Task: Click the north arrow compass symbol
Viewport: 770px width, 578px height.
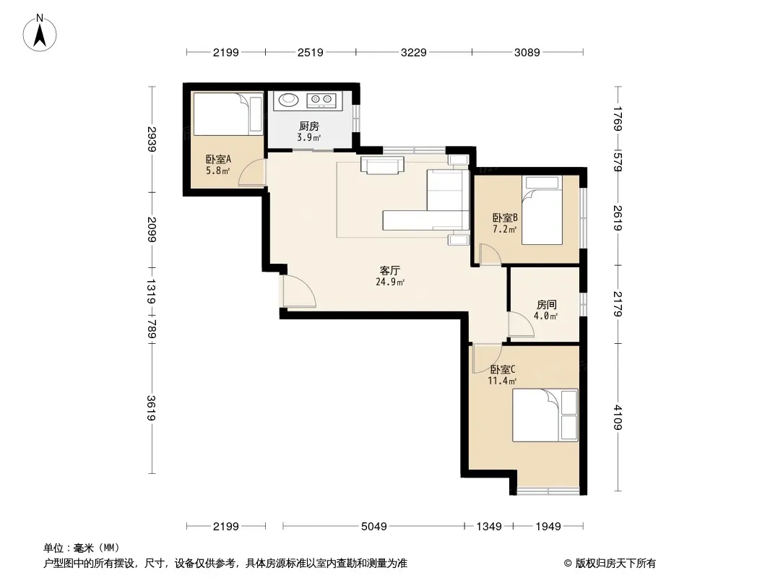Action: tap(40, 33)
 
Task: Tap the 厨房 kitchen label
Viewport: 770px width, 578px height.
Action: tap(309, 126)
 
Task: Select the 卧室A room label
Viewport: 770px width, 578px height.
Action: tap(218, 160)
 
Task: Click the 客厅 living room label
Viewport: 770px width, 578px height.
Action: tap(390, 271)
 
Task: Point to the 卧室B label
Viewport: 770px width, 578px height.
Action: tap(505, 217)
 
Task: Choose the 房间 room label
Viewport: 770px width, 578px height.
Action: tap(546, 305)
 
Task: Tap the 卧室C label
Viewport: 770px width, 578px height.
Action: tap(502, 369)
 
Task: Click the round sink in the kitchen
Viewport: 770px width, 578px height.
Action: tap(288, 100)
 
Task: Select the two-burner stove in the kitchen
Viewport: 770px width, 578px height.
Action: tap(321, 100)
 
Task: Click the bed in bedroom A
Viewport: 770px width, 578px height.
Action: tap(228, 114)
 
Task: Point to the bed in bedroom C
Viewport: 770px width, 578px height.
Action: tap(545, 415)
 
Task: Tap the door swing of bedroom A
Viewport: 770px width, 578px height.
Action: tap(252, 173)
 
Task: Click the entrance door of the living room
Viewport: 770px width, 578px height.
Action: tap(298, 292)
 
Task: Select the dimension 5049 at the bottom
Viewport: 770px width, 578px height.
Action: tap(373, 527)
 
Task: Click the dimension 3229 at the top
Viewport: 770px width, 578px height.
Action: tap(413, 52)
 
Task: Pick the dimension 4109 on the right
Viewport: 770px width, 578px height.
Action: tap(618, 418)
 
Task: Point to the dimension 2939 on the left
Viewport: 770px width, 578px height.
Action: tap(152, 139)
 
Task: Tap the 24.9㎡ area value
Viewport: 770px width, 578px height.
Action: tap(390, 282)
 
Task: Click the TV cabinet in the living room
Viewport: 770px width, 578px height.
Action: tap(382, 165)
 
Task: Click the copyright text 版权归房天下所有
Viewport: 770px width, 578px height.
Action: tap(615, 564)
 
